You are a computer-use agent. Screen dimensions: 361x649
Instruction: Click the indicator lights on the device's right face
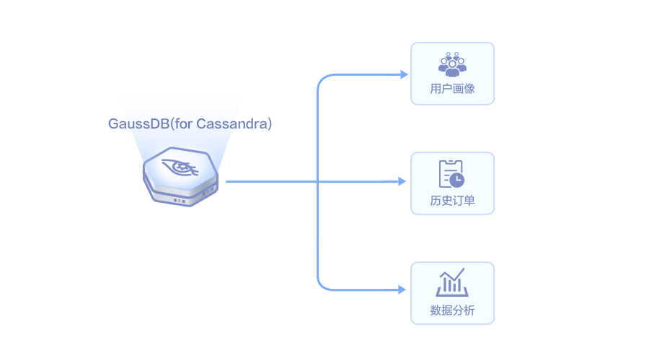208,191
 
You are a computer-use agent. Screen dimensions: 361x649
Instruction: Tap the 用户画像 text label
452,90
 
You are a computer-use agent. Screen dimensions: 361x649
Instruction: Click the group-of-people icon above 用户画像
452,64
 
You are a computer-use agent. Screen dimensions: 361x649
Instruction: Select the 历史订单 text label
452,200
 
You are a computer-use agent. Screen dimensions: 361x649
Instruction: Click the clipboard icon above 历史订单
451,173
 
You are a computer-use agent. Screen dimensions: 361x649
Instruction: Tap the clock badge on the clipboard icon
457,180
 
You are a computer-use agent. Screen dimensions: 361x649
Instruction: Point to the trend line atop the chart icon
452,275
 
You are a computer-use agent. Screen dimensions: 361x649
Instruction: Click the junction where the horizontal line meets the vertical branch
318,181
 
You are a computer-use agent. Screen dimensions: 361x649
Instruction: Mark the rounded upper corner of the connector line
322,78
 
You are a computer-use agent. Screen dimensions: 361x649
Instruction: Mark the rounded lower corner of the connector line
322,286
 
